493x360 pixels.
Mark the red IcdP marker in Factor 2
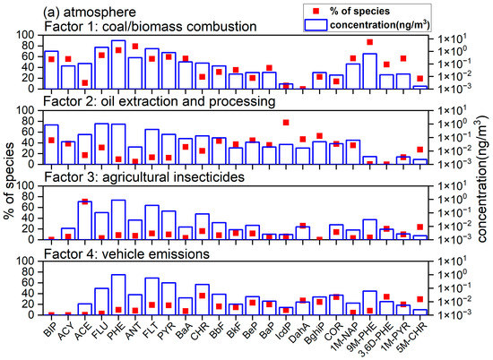click(x=286, y=122)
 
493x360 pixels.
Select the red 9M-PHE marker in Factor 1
click(x=370, y=42)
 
